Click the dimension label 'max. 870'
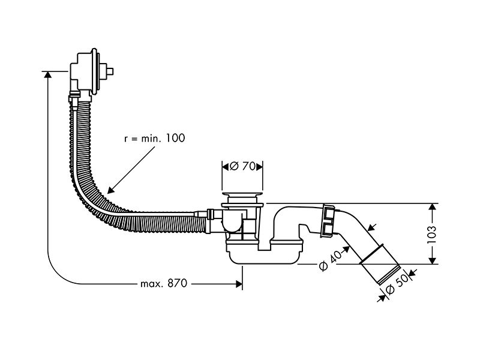163,284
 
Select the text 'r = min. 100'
155,139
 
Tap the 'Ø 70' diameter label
242,166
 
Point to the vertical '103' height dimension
431,235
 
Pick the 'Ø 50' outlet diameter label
397,284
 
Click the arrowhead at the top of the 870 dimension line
47,74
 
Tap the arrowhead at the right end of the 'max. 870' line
239,284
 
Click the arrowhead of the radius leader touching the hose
110,190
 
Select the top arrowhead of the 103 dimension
432,206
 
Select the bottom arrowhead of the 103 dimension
432,260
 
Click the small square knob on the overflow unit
110,71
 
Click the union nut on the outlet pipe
328,221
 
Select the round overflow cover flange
95,71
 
